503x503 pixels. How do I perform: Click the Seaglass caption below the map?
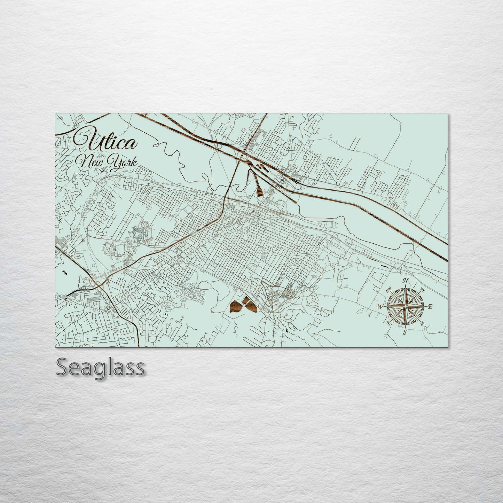pyautogui.click(x=100, y=367)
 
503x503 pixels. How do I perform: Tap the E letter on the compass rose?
pyautogui.click(x=430, y=307)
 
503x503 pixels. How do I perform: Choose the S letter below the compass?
pyautogui.click(x=405, y=332)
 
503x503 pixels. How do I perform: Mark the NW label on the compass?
pyautogui.click(x=388, y=289)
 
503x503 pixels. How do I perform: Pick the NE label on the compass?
pyautogui.click(x=422, y=289)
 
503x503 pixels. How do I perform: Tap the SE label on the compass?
pyautogui.click(x=422, y=323)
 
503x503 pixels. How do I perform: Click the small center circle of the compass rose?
pyautogui.click(x=405, y=306)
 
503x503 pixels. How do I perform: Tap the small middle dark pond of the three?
pyautogui.click(x=246, y=300)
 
